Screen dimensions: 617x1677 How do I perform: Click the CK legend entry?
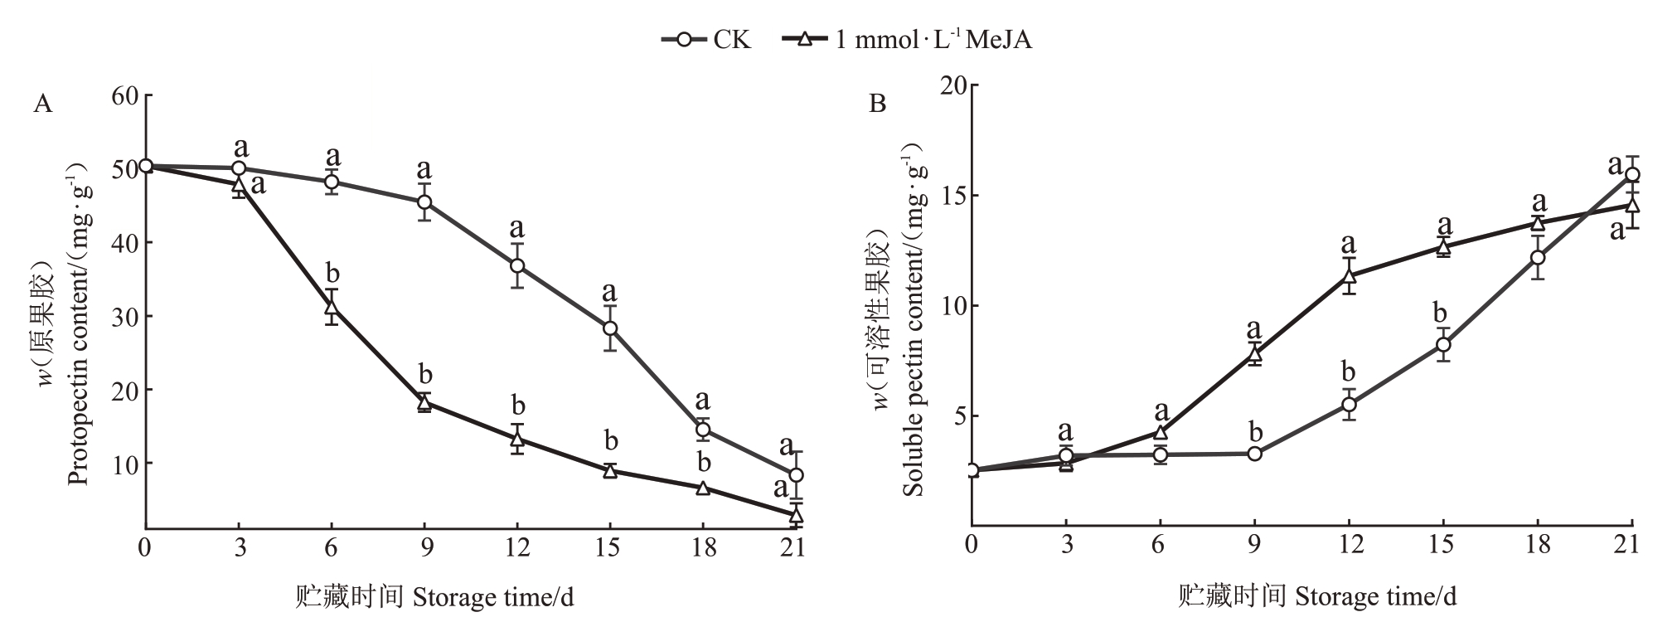[x=706, y=39]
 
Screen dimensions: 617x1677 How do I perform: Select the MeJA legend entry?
[x=908, y=39]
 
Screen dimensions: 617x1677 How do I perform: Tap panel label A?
[x=42, y=104]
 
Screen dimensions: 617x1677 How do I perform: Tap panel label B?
[x=877, y=104]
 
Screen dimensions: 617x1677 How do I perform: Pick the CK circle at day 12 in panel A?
[x=517, y=266]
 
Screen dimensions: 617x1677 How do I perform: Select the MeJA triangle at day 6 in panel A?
[x=332, y=307]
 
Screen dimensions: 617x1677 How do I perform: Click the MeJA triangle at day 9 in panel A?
[x=424, y=403]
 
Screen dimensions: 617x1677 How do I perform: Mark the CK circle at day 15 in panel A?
[x=610, y=328]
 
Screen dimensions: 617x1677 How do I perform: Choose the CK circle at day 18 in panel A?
[x=703, y=429]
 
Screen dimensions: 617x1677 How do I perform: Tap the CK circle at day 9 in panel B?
[x=1254, y=454]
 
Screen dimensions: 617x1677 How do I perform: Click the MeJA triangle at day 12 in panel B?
[x=1349, y=276]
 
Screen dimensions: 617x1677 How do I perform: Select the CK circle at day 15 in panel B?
[x=1443, y=344]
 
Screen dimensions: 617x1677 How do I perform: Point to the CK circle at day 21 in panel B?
[x=1632, y=174]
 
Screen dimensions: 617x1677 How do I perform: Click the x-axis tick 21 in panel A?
[x=795, y=548]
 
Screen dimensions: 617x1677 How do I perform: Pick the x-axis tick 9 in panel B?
[x=1254, y=545]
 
